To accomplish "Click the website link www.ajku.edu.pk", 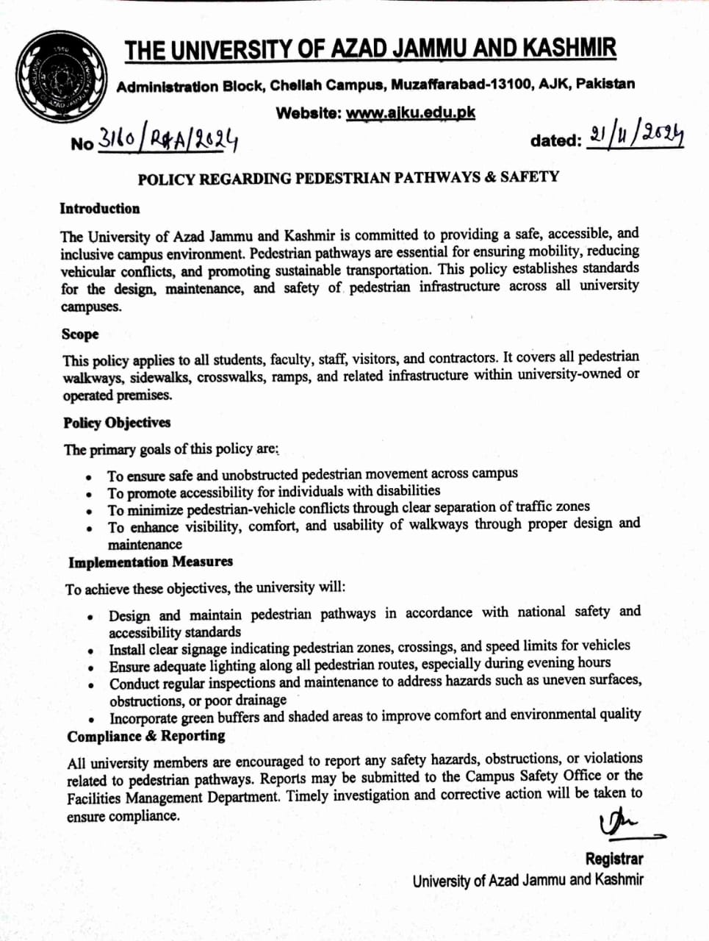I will pos(410,113).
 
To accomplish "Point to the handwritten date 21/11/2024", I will pos(636,135).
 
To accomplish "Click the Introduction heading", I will pos(100,209).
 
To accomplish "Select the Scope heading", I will pos(80,334).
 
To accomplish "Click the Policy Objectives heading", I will pos(117,423).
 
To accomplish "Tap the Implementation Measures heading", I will pos(151,562).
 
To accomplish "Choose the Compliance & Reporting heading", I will pos(146,737).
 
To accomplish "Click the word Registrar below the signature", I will pos(614,859).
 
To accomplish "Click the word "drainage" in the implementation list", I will pos(262,701).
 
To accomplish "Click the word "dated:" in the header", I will pos(555,140).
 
